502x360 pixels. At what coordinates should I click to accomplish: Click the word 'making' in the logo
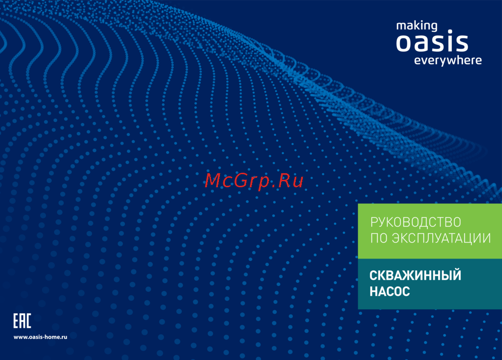(x=417, y=26)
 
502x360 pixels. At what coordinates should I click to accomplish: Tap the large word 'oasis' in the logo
(x=432, y=41)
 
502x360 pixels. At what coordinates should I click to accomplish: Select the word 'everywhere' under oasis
(x=448, y=60)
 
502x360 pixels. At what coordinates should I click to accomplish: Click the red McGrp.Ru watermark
(x=254, y=180)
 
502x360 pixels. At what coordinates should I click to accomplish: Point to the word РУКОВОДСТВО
(x=416, y=222)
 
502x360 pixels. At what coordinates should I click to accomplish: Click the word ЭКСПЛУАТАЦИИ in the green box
(x=441, y=238)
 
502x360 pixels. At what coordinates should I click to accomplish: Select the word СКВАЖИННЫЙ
(x=415, y=275)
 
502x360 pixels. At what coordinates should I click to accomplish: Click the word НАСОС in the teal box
(x=390, y=291)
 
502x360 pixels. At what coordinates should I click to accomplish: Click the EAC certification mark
(x=22, y=321)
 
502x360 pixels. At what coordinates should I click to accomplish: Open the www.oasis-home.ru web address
(x=40, y=337)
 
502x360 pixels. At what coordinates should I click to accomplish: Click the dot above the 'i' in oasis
(x=450, y=32)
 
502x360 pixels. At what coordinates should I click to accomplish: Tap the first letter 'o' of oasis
(x=404, y=43)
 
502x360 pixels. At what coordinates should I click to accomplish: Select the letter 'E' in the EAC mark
(x=17, y=321)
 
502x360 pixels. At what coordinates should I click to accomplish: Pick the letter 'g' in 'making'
(x=434, y=27)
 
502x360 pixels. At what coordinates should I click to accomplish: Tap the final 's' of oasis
(x=462, y=43)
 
